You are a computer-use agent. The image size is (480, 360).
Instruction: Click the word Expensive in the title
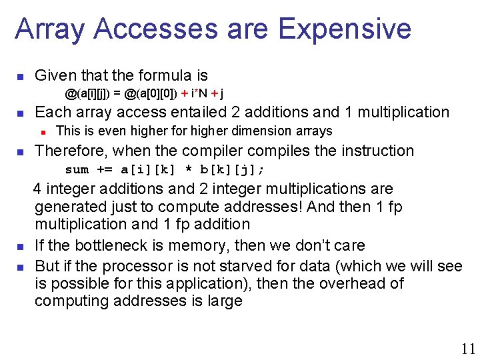point(345,29)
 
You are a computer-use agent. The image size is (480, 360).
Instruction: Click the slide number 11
point(468,348)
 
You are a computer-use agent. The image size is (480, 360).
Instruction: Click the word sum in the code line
point(77,169)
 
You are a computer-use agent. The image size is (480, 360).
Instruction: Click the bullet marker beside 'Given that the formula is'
point(21,76)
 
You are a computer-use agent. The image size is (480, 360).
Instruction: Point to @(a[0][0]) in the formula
point(150,93)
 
